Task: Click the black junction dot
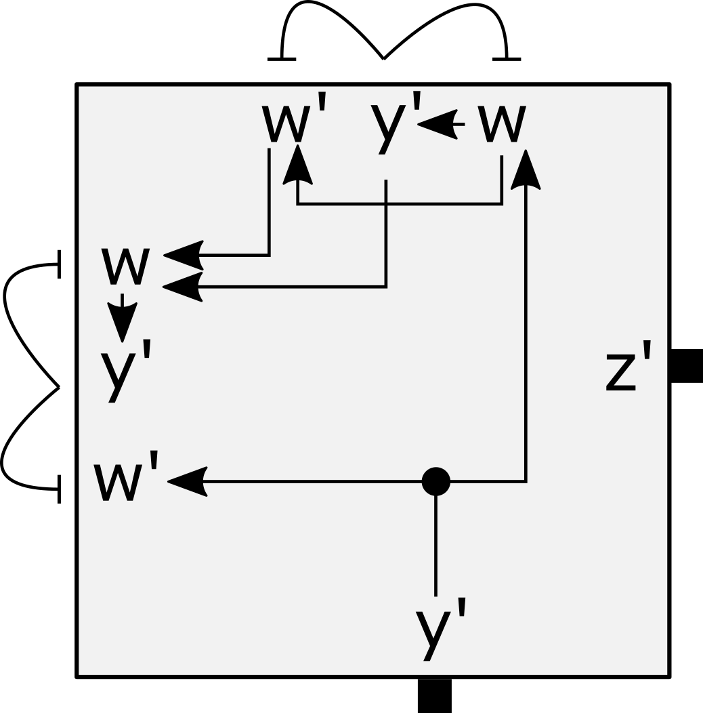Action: (435, 481)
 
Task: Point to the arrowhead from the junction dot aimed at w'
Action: (187, 481)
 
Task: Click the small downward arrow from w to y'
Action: (122, 319)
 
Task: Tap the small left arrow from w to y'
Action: (440, 124)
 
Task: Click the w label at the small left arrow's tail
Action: (502, 124)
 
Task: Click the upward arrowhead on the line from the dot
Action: (526, 171)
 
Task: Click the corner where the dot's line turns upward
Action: (526, 481)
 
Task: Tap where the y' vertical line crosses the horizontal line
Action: (386, 203)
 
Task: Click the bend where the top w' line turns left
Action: (270, 256)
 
